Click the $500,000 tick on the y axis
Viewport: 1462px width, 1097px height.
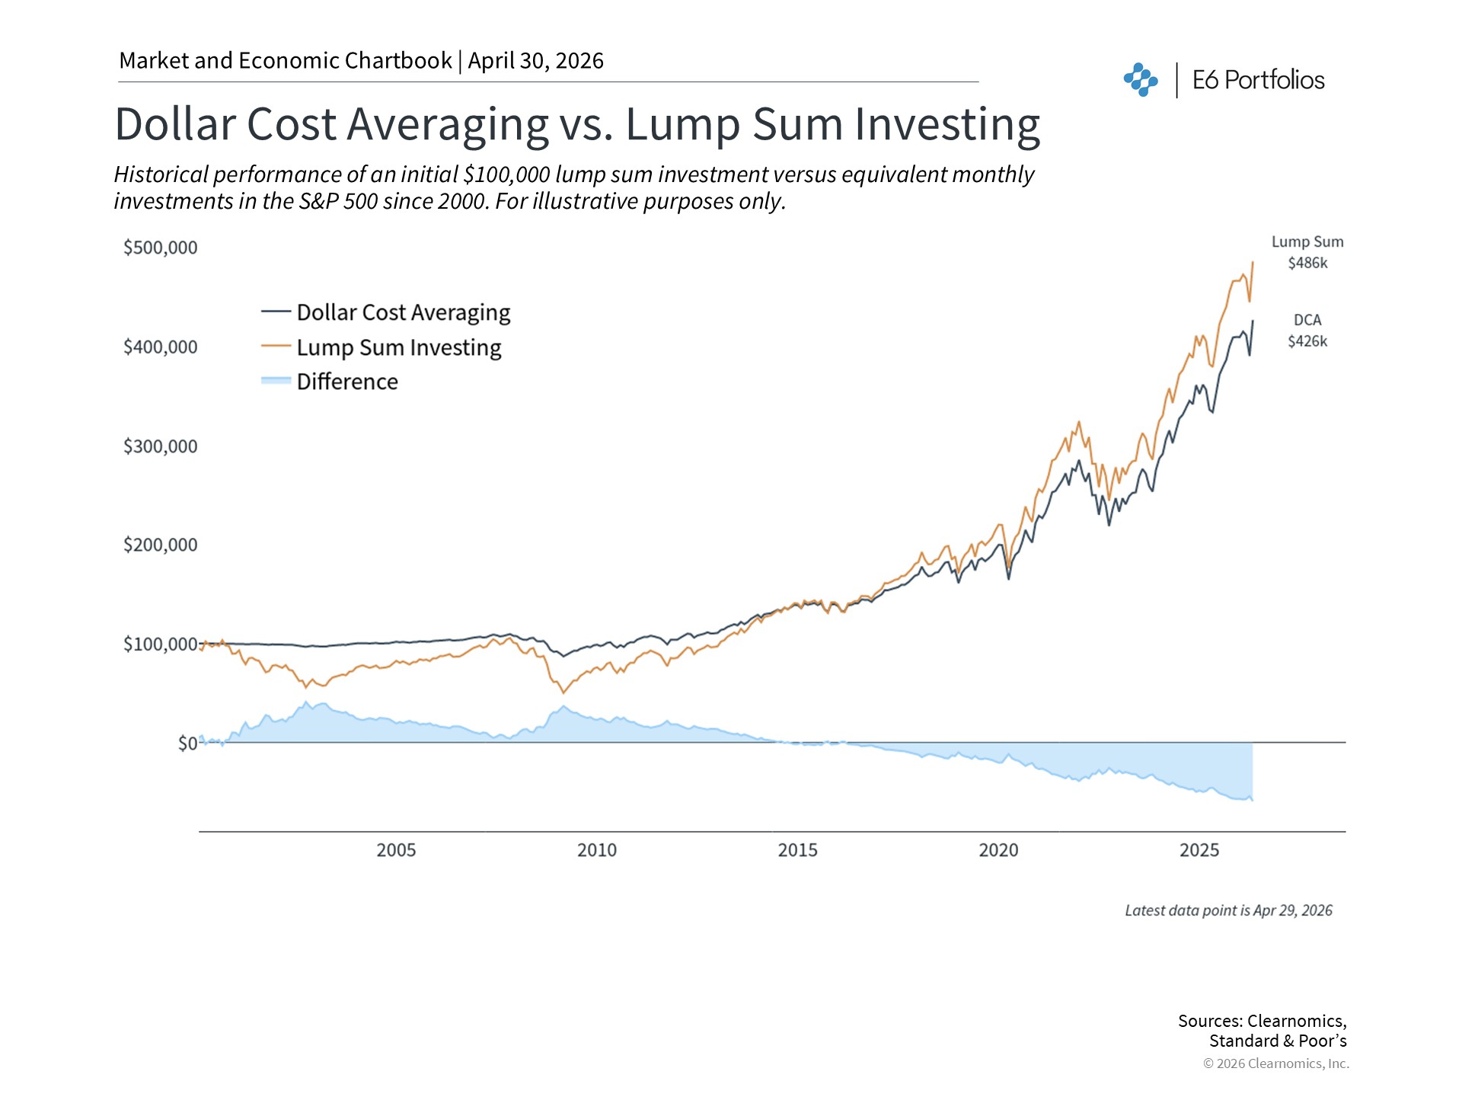pos(160,248)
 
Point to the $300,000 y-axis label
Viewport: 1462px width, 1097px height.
pos(160,446)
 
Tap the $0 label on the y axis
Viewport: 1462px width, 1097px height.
pos(187,744)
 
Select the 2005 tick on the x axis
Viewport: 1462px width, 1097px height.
pos(396,850)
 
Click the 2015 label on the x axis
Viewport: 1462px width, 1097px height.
pos(797,850)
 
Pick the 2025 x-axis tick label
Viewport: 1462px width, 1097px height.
pos(1199,850)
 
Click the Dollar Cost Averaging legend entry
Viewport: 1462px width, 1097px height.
pos(403,312)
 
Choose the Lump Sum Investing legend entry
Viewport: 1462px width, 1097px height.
pos(398,347)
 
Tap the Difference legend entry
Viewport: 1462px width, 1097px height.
pos(347,382)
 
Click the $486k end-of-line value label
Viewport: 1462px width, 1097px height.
pos(1307,264)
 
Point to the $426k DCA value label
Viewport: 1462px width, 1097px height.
pos(1307,341)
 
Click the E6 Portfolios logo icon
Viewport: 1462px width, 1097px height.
pos(1140,80)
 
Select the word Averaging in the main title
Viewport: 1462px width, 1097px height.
pos(448,124)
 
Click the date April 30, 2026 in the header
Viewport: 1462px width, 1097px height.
pos(535,61)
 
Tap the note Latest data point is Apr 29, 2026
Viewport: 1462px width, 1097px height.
pos(1228,910)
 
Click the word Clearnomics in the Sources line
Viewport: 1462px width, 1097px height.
pos(1296,1021)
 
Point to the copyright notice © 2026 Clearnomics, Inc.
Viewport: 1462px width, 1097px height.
pos(1275,1063)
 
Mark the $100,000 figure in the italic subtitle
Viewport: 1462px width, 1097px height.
pos(506,174)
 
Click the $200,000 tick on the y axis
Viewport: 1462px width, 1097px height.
pos(160,545)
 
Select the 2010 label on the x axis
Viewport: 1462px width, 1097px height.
pos(596,850)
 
